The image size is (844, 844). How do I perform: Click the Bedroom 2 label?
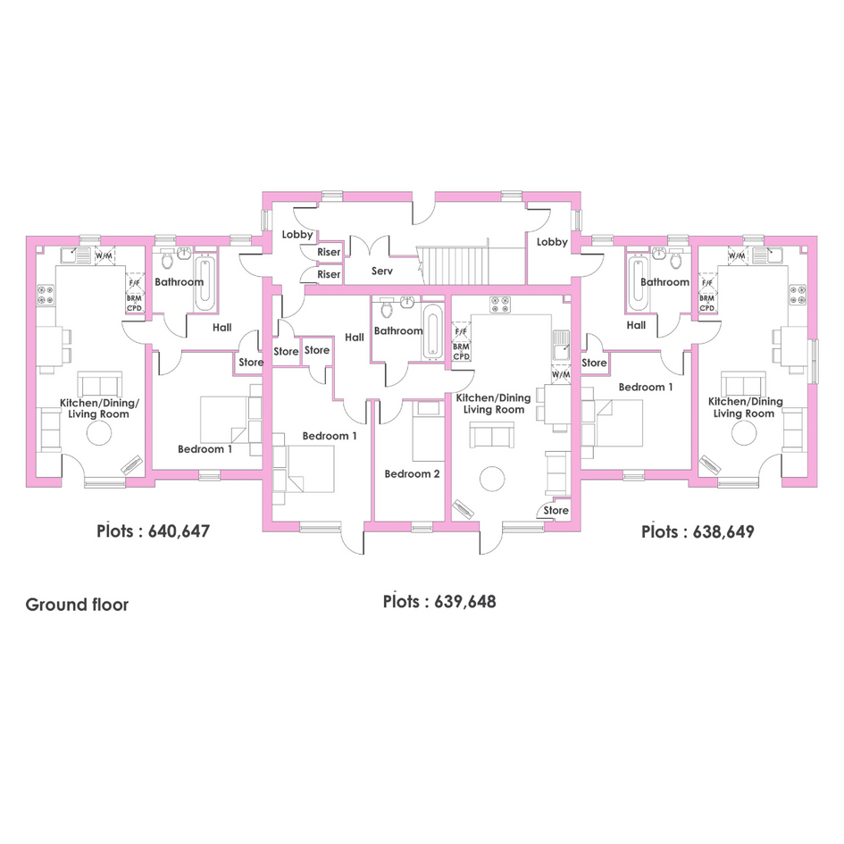coord(412,474)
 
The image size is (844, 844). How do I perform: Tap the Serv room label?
coord(382,272)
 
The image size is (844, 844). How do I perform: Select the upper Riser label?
coord(329,252)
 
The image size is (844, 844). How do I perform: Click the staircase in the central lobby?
coord(452,265)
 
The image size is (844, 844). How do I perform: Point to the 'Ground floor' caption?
coord(77,605)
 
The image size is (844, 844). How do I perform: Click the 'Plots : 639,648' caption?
coord(439,601)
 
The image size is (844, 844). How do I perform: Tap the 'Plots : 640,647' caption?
coord(153,531)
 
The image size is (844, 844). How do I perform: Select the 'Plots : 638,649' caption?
coord(698,531)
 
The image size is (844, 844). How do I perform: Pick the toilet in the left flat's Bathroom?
coord(167,260)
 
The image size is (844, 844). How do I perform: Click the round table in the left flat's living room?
coord(99,432)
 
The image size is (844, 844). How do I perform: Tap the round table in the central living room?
coord(492,479)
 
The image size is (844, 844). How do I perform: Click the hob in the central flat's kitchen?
coord(500,305)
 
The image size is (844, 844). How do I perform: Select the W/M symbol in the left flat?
coord(104,255)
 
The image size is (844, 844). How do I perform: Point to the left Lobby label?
coord(297,234)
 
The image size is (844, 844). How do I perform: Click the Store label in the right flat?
coord(594,363)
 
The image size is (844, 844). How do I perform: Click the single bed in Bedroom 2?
coord(429,430)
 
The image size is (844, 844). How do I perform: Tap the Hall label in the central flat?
coord(355,338)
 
